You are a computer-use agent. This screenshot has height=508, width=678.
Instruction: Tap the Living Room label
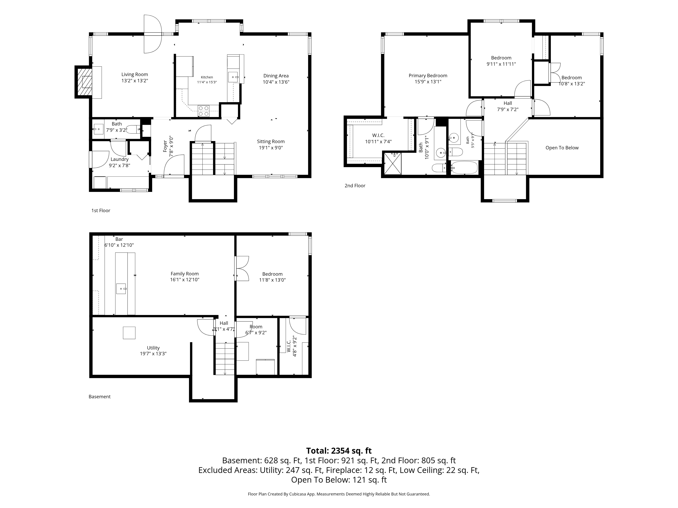click(135, 74)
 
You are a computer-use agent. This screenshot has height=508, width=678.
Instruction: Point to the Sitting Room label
click(271, 141)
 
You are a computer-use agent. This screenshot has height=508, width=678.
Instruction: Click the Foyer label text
click(165, 146)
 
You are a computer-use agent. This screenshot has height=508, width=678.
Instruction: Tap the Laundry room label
click(119, 159)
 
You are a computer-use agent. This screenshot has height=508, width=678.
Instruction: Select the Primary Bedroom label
click(428, 76)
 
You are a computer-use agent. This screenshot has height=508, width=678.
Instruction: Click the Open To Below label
click(562, 148)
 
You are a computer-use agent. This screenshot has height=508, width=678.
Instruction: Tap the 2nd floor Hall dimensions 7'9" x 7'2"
click(508, 109)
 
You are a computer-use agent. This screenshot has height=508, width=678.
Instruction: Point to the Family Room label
click(185, 274)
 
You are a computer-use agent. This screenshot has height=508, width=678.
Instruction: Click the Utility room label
click(153, 348)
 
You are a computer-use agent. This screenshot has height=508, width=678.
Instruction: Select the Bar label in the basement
click(119, 239)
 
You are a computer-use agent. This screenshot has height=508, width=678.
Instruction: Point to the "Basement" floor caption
click(100, 397)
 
